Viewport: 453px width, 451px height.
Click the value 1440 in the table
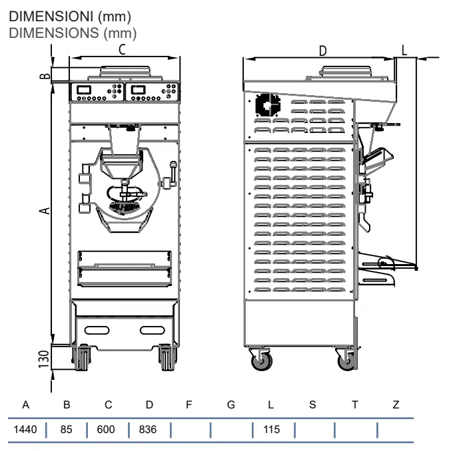[x=25, y=429]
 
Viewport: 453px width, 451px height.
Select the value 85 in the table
[x=66, y=429]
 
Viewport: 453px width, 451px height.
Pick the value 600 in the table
[x=106, y=429]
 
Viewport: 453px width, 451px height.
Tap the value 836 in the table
[x=148, y=429]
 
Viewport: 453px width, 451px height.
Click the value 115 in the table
[x=272, y=429]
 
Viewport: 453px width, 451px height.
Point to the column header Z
[x=396, y=404]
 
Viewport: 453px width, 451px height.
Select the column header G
[x=231, y=404]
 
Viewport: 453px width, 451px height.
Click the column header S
[x=312, y=404]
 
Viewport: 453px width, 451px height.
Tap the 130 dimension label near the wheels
[x=44, y=359]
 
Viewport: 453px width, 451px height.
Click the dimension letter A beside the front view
[x=45, y=211]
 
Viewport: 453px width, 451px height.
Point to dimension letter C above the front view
[x=122, y=50]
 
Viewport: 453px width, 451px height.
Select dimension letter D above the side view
[x=322, y=51]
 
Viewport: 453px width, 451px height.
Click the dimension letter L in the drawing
[x=404, y=50]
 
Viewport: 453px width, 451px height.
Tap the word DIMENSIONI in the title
[x=51, y=17]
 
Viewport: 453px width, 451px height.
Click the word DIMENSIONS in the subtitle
[x=54, y=33]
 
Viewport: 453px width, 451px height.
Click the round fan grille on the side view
[x=268, y=104]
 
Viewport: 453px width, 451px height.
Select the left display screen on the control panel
[x=84, y=90]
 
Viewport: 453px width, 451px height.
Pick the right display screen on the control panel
[x=138, y=90]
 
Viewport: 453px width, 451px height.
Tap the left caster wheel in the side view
[x=262, y=361]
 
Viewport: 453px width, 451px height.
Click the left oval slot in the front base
[x=97, y=330]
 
